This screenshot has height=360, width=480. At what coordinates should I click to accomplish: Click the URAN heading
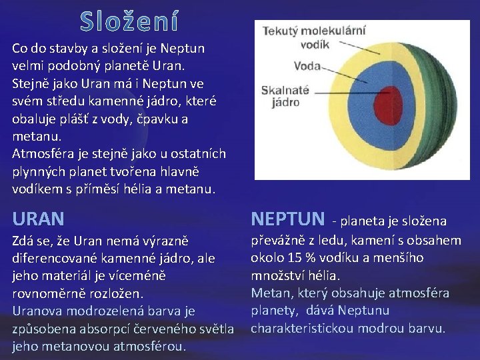tap(39, 218)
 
